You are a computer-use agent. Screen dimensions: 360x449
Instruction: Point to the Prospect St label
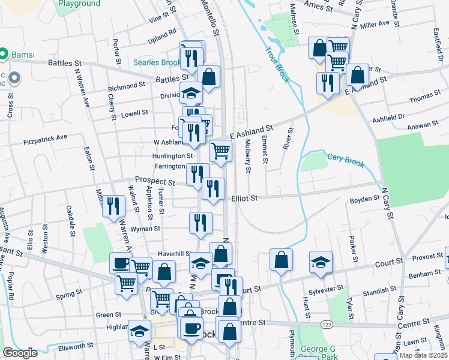pos(155,180)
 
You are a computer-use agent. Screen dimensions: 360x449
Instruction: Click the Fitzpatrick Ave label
pos(45,138)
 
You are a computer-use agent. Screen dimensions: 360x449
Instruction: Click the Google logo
pos(20,353)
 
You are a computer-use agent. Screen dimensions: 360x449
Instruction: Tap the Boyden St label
pos(364,199)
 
